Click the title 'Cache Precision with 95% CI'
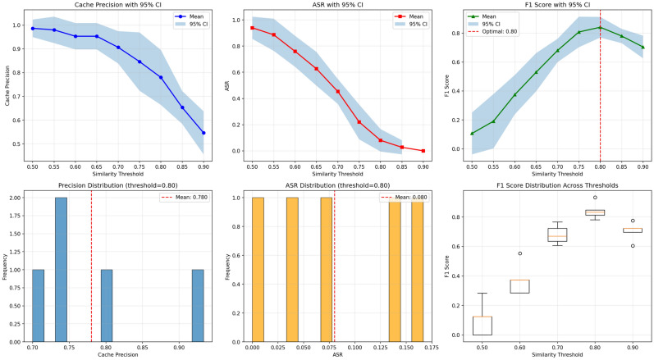117,5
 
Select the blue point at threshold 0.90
204,133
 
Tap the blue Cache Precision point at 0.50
33,29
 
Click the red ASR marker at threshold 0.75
359,122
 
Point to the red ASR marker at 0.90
423,151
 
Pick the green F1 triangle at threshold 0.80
600,28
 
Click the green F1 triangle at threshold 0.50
472,134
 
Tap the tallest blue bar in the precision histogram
61,270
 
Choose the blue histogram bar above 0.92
198,306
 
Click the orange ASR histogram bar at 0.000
258,270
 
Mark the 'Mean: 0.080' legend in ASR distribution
404,197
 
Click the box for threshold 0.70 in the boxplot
557,235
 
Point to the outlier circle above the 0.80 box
595,198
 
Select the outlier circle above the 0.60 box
519,253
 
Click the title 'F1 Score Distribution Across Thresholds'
557,185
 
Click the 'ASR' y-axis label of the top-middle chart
227,86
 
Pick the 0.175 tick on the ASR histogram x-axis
426,348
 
